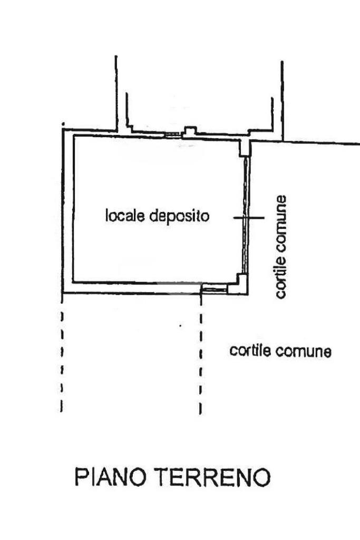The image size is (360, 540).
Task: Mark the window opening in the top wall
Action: coord(172,135)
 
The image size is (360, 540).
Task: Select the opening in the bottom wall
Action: coord(215,288)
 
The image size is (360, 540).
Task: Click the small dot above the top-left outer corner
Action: coord(63,124)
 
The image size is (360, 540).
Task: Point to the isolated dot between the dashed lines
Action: coord(181,326)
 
